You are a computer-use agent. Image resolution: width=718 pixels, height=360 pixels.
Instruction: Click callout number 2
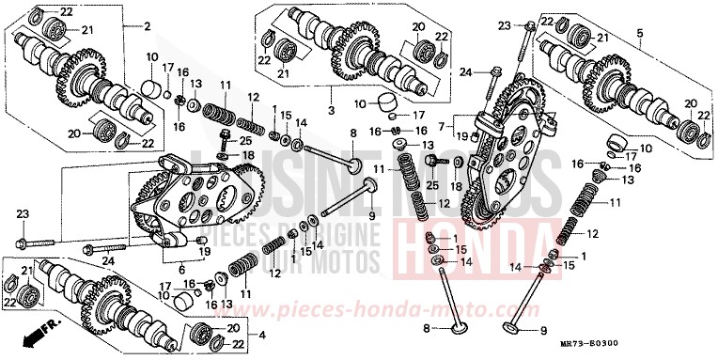click(147, 25)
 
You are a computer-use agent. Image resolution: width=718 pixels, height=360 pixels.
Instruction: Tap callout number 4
click(261, 336)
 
